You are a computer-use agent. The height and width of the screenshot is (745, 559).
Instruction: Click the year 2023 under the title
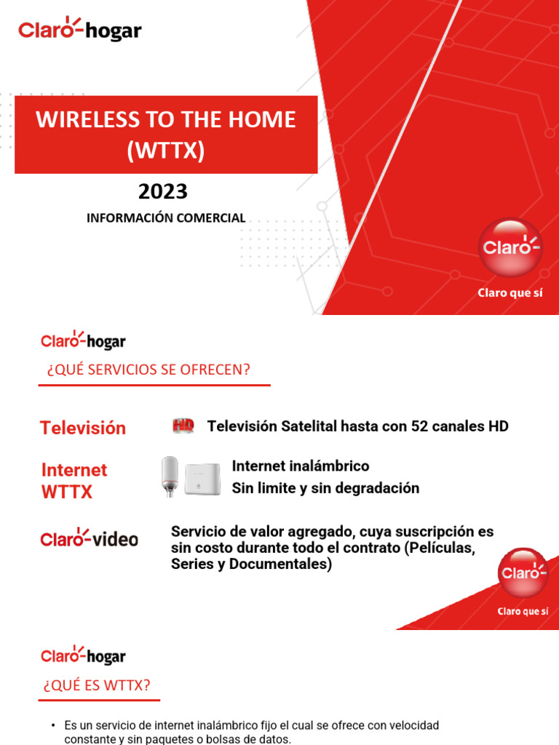coord(163,191)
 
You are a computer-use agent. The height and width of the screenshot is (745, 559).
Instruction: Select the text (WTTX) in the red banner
coord(166,151)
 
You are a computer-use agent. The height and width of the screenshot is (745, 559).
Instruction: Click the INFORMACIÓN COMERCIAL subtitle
coord(166,218)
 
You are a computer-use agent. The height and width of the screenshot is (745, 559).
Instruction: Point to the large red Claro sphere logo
coord(510,247)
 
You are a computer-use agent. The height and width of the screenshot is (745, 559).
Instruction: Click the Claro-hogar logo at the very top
coord(79,30)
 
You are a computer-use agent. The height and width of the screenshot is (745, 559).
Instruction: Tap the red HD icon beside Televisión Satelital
coord(183,426)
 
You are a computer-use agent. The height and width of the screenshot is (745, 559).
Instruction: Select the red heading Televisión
coord(82,428)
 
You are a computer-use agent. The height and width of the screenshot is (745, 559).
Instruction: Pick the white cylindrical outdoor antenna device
coord(169,476)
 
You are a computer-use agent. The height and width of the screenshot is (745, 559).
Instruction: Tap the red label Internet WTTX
coord(74,481)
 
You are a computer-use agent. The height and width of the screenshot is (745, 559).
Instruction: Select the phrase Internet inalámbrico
coord(300,466)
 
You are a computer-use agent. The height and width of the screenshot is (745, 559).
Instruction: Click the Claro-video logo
coord(89,539)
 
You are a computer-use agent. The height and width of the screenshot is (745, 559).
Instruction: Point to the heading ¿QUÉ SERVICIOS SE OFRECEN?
coord(148,370)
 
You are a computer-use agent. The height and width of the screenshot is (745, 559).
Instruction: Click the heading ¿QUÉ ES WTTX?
coord(97,686)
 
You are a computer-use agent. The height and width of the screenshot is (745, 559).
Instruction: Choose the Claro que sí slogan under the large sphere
coord(510,294)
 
